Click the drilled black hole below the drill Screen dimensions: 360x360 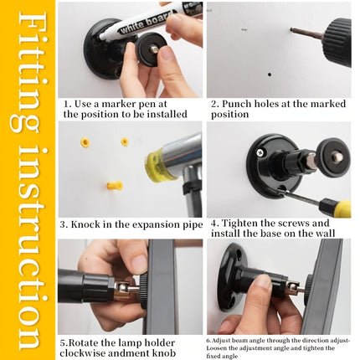tap(270, 75)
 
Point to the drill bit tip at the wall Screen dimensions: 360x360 tap(292, 28)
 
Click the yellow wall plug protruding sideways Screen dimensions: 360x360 tap(115, 185)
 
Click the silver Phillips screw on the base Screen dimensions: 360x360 tap(260, 152)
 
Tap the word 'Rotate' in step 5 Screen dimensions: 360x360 tap(84, 343)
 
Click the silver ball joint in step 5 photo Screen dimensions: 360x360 tap(122, 287)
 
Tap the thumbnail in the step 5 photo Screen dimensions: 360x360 tap(139, 262)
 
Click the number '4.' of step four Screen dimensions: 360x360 tap(214, 224)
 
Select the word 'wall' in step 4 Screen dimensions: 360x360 tap(325, 233)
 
